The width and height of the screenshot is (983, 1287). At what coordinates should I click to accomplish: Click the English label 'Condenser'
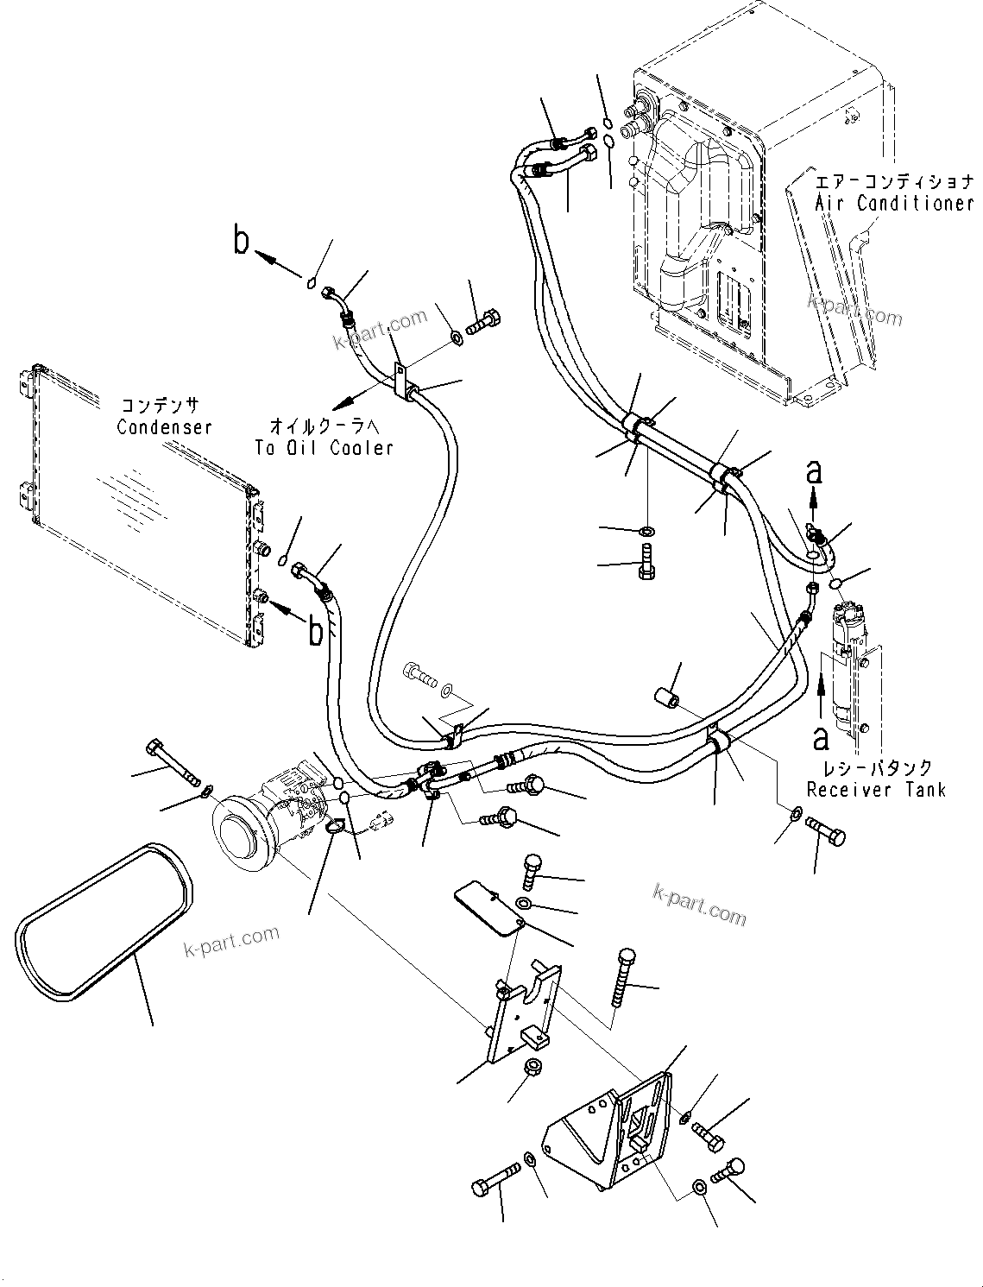pyautogui.click(x=164, y=427)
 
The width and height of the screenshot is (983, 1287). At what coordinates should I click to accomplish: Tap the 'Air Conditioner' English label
pyautogui.click(x=894, y=204)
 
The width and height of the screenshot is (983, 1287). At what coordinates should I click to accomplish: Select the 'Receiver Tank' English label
pyautogui.click(x=875, y=789)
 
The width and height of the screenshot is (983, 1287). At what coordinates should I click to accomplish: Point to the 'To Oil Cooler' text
pyautogui.click(x=324, y=447)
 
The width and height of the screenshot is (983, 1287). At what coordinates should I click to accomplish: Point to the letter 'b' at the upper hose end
pyautogui.click(x=242, y=241)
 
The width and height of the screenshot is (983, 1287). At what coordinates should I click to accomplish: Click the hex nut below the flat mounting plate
pyautogui.click(x=532, y=1066)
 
